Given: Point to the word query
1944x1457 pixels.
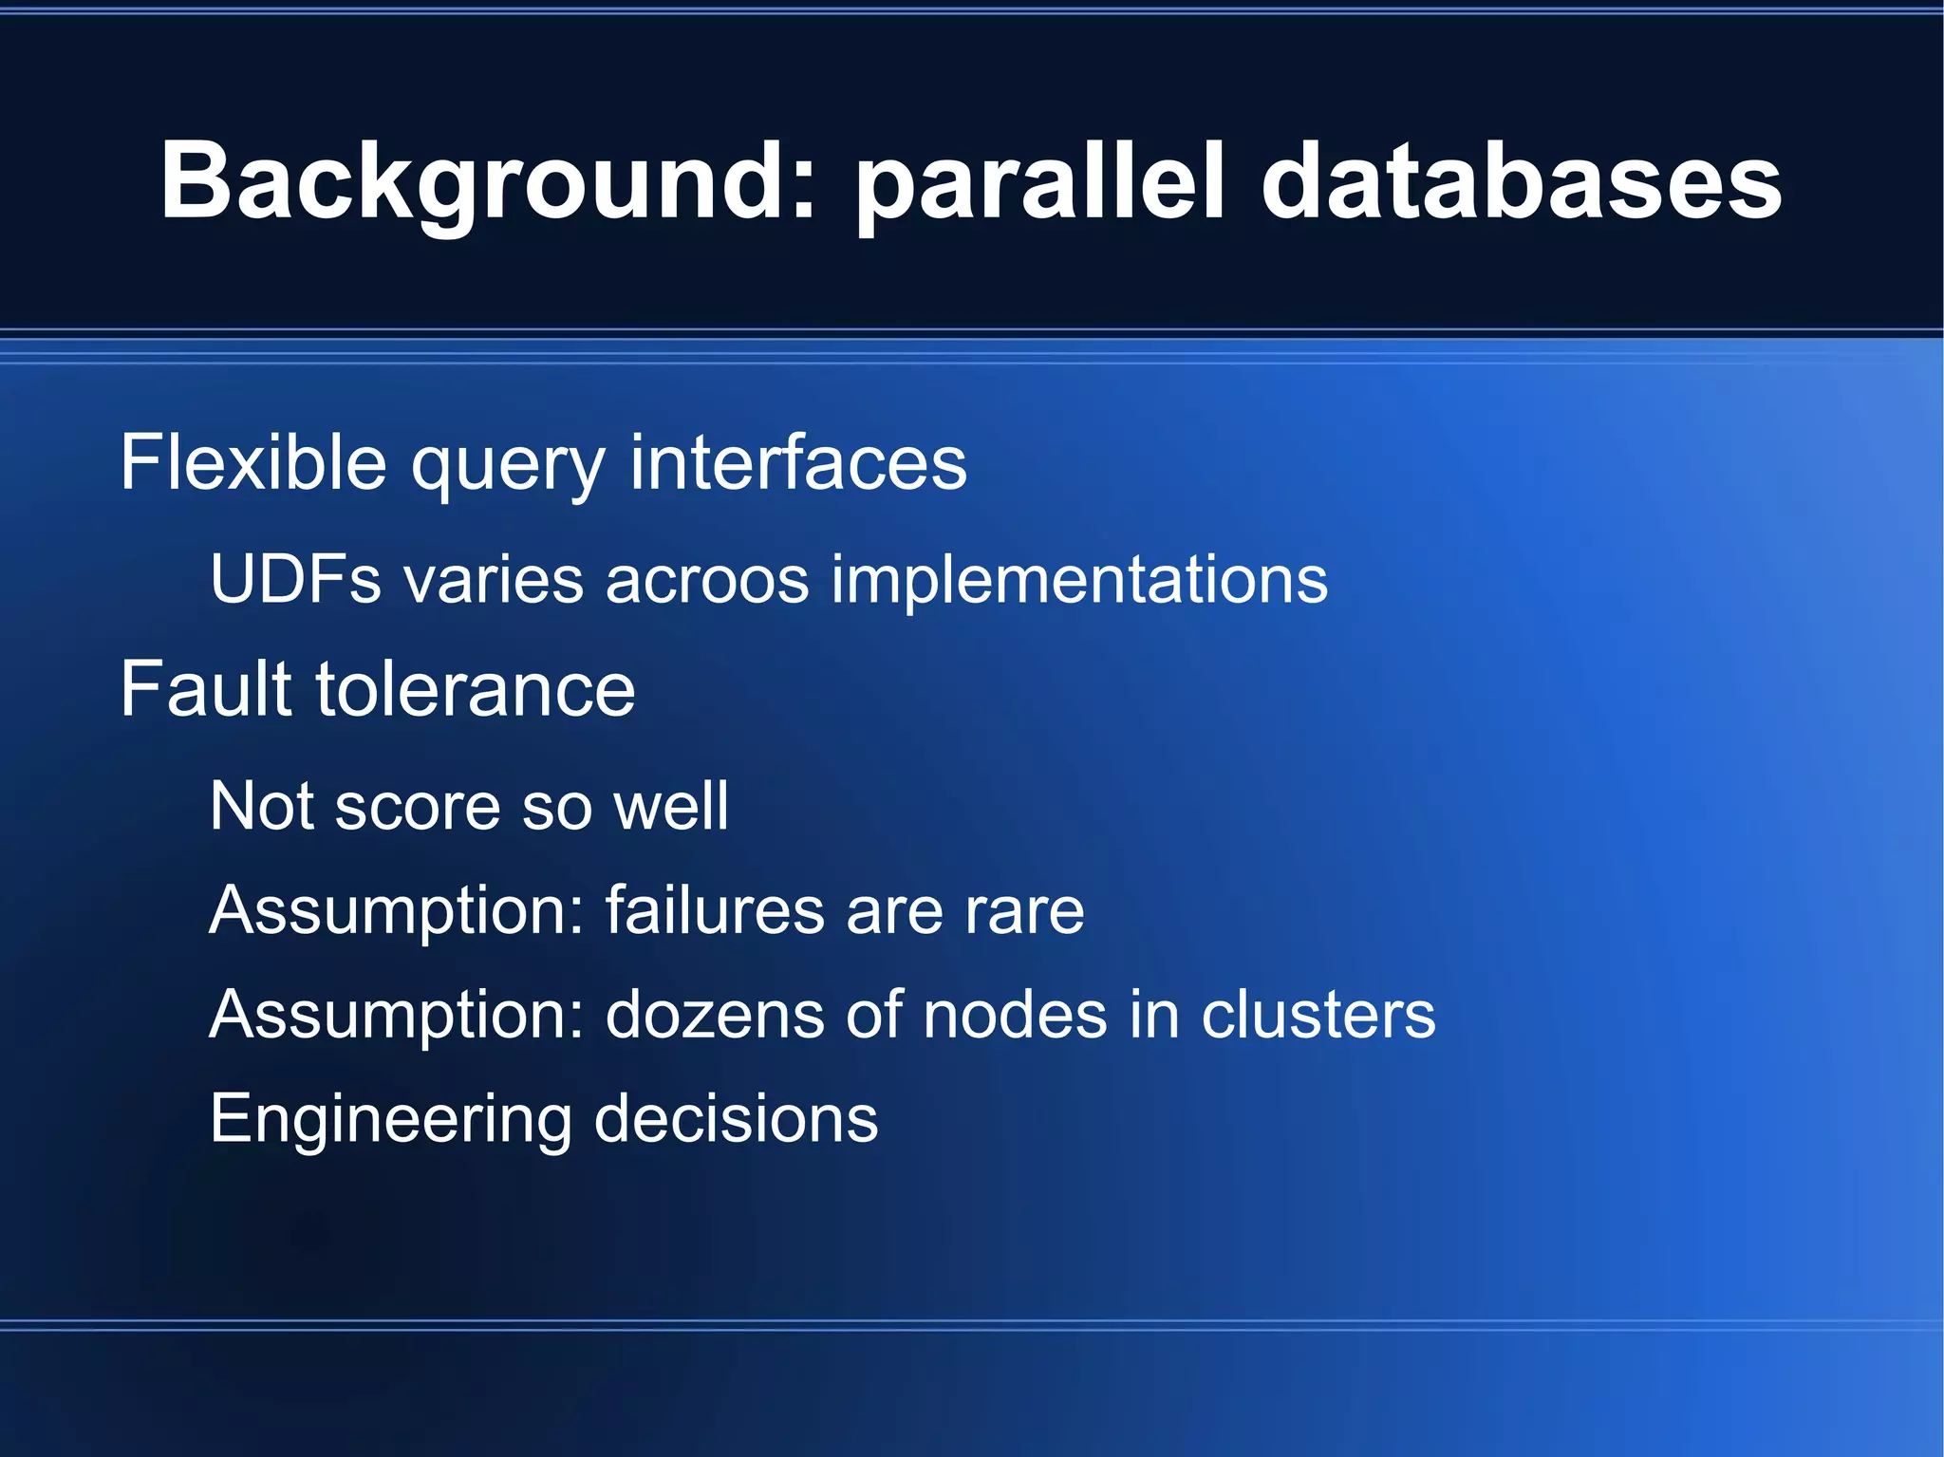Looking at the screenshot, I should coord(507,465).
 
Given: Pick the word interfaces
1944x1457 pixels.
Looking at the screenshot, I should coord(798,462).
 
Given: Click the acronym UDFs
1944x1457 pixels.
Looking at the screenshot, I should coord(295,579).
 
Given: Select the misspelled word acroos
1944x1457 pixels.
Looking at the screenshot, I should coord(707,581).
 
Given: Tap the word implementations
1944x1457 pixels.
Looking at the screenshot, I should coord(1079,581).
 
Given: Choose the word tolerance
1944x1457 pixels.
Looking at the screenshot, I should coord(476,690).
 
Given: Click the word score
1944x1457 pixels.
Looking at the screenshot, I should coord(417,807).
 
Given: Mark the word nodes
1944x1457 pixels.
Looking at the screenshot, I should coord(1015,1015).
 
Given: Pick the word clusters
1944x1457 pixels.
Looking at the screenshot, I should coord(1318,1015).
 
